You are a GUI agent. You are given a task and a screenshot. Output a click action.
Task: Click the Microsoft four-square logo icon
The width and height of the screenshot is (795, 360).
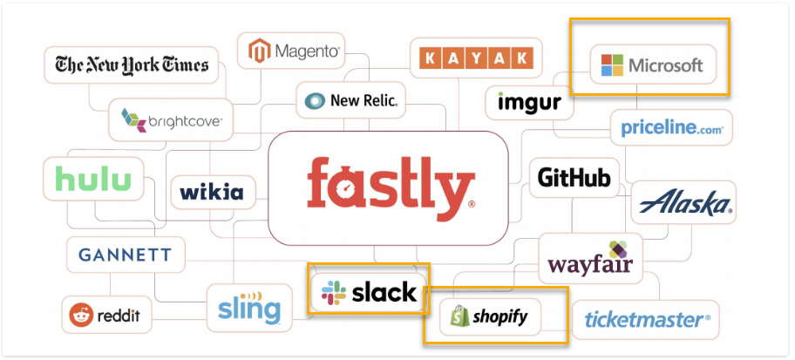coord(612,65)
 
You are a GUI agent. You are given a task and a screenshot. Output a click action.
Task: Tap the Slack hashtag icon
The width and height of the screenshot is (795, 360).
coord(334,293)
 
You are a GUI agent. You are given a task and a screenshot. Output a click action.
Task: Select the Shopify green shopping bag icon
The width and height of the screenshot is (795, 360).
coord(459,316)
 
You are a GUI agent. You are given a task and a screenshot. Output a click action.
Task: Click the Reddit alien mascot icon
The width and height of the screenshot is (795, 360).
coord(81,316)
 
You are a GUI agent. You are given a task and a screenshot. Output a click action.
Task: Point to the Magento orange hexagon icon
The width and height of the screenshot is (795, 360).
coord(259,51)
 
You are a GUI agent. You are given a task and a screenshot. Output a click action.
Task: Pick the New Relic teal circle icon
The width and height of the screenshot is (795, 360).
coord(315,101)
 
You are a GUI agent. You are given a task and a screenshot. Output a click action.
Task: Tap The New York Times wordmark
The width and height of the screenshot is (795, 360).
coord(132,65)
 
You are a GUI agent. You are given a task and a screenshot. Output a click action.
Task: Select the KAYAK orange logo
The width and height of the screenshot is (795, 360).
coord(477,58)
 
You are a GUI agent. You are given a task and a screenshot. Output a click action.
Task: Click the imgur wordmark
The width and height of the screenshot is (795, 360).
coord(529,101)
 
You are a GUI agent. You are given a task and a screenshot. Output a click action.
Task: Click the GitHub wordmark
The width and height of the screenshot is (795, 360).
coord(574,178)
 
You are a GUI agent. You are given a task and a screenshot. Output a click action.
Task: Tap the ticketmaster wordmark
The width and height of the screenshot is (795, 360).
coord(647,320)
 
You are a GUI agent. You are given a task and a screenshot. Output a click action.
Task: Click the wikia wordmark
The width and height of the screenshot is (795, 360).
coord(212,192)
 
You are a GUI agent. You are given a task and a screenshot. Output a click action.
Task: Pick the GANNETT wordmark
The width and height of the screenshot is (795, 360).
coord(126,255)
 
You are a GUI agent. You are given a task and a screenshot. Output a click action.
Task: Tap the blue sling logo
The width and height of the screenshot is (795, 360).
coord(249,307)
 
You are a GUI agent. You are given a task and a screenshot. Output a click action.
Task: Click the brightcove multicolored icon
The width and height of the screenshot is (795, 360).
coord(133,120)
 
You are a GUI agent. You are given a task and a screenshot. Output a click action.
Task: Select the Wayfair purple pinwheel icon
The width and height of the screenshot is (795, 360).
coord(618,249)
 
